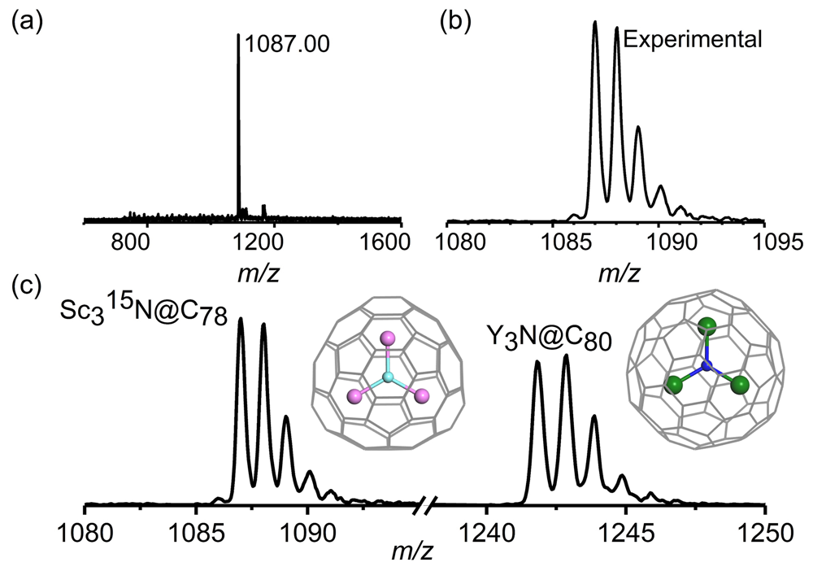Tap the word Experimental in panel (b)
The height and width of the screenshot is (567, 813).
[693, 38]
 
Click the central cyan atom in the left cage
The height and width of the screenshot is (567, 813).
[388, 377]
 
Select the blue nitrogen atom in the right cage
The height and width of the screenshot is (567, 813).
[706, 368]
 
